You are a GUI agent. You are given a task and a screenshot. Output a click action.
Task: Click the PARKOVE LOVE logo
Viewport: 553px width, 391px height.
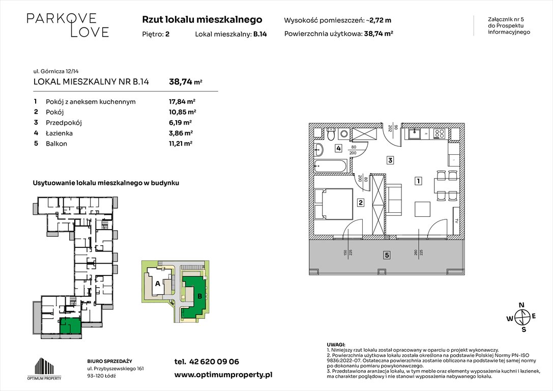pyautogui.click(x=68, y=25)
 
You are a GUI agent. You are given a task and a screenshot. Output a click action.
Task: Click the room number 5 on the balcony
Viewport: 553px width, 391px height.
pyautogui.click(x=387, y=255)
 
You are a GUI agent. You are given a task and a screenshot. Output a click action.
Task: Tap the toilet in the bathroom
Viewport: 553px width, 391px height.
pyautogui.click(x=331, y=134)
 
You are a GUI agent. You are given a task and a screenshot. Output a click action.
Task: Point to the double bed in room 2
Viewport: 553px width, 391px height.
pyautogui.click(x=334, y=204)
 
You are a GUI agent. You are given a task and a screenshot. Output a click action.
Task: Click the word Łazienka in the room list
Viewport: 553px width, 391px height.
pyautogui.click(x=59, y=133)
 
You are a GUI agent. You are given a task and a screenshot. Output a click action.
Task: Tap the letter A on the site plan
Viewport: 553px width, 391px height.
pyautogui.click(x=158, y=284)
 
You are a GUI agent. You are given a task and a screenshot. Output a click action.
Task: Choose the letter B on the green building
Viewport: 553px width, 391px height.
pyautogui.click(x=199, y=295)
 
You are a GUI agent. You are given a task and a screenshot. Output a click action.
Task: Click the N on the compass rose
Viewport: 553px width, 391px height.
pyautogui.click(x=521, y=305)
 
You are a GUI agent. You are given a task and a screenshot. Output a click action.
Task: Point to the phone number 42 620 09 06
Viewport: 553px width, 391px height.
pyautogui.click(x=207, y=361)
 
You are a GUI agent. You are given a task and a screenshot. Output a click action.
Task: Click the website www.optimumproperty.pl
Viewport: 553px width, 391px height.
pyautogui.click(x=223, y=374)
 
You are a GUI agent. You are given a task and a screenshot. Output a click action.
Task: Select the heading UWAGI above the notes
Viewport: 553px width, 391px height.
pyautogui.click(x=336, y=345)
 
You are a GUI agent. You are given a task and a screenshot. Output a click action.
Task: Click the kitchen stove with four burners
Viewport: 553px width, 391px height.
pyautogui.click(x=440, y=134)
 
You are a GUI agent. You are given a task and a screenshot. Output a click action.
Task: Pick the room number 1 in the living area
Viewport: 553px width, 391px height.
pyautogui.click(x=418, y=181)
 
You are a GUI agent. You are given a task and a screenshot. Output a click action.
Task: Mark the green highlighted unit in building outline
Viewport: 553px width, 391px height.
pyautogui.click(x=70, y=324)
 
